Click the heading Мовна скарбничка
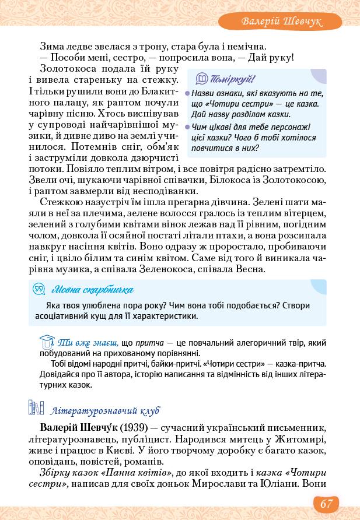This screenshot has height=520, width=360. pos(92,290)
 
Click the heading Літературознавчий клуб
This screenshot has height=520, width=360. pos(105,410)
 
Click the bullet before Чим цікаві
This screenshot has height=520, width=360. pos(187,127)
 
